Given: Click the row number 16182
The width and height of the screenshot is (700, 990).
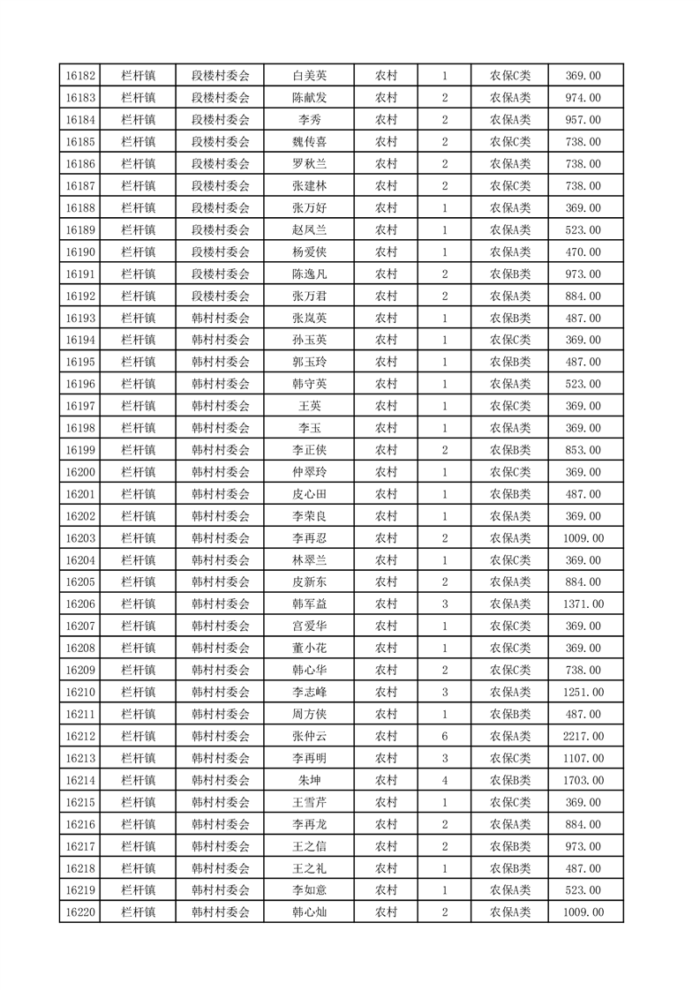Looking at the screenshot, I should click(81, 76).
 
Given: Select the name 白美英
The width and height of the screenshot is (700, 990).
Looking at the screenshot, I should click(309, 76).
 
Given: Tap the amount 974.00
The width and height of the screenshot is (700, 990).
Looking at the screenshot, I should click(583, 98).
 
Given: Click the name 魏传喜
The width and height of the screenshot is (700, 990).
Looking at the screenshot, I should click(309, 142).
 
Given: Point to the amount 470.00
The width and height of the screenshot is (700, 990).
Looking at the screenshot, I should click(583, 252).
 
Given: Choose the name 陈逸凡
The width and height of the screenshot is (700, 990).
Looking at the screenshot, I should click(309, 274).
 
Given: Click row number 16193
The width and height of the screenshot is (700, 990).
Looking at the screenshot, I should click(81, 319).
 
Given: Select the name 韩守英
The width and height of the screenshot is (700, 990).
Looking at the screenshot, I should click(309, 384).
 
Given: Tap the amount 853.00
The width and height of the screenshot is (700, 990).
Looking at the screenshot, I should click(583, 450).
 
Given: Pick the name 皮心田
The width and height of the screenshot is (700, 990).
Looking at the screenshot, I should click(309, 494).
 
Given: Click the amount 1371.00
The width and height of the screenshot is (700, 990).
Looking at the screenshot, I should click(583, 604).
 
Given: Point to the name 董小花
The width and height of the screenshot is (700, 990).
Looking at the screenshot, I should click(309, 649).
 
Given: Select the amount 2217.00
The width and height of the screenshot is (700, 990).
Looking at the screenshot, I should click(583, 736).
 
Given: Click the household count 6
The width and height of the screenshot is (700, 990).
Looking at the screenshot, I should click(444, 736).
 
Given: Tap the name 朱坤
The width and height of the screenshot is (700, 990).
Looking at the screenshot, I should click(309, 780).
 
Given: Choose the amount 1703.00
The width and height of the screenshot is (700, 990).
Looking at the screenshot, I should click(583, 780).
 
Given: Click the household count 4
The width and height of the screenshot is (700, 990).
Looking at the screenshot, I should click(444, 780).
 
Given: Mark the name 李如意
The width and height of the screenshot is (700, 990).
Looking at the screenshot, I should click(309, 890).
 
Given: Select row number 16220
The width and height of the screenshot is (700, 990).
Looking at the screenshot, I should click(81, 912).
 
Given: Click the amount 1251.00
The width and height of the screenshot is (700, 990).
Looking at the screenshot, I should click(583, 693).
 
